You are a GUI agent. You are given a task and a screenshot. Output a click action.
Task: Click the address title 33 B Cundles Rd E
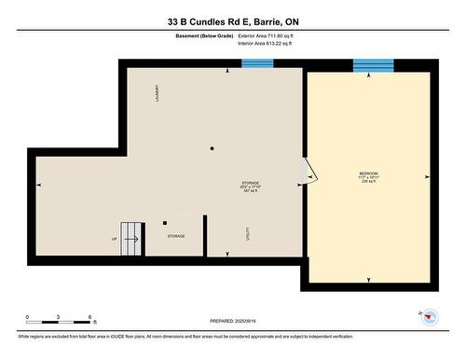pos(233,21)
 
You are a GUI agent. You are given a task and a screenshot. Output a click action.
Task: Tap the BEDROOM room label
pos(369,174)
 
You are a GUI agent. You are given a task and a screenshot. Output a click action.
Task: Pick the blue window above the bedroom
pos(373,65)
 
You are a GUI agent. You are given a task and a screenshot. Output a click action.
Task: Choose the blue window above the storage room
pos(255,63)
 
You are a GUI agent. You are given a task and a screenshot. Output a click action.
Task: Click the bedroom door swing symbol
pos(310,173)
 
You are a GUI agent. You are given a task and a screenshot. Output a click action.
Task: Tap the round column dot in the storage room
pos(212,148)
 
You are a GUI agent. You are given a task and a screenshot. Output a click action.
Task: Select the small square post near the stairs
pos(165,223)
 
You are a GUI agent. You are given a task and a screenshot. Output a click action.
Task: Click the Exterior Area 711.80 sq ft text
pos(272,35)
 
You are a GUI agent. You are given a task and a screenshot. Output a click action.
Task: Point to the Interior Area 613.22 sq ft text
pos(271,43)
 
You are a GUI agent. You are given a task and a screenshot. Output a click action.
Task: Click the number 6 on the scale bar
pos(89,318)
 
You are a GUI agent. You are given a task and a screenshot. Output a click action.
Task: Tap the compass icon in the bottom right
pos(430,317)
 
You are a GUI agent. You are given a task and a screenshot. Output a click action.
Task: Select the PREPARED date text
pos(232,322)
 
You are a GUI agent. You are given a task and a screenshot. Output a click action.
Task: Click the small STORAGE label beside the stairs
pos(176,236)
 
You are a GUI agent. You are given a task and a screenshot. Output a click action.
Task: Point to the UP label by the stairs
pos(115,239)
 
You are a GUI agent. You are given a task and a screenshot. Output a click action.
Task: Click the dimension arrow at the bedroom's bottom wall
pos(369,279)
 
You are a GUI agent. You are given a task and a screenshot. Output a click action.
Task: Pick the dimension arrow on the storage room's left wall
pos(39,185)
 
